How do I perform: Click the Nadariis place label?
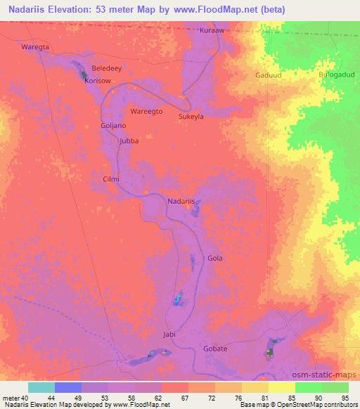click(x=181, y=202)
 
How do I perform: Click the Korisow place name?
click(x=98, y=81)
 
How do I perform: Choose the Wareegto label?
click(x=147, y=112)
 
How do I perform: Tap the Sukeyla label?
click(x=191, y=117)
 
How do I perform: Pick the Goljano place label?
click(x=113, y=125)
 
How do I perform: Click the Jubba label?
click(x=129, y=141)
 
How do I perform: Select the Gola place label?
click(x=215, y=258)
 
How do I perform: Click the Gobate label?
click(x=215, y=349)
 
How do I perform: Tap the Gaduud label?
click(x=268, y=74)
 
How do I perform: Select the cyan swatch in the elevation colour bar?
click(x=41, y=387)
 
